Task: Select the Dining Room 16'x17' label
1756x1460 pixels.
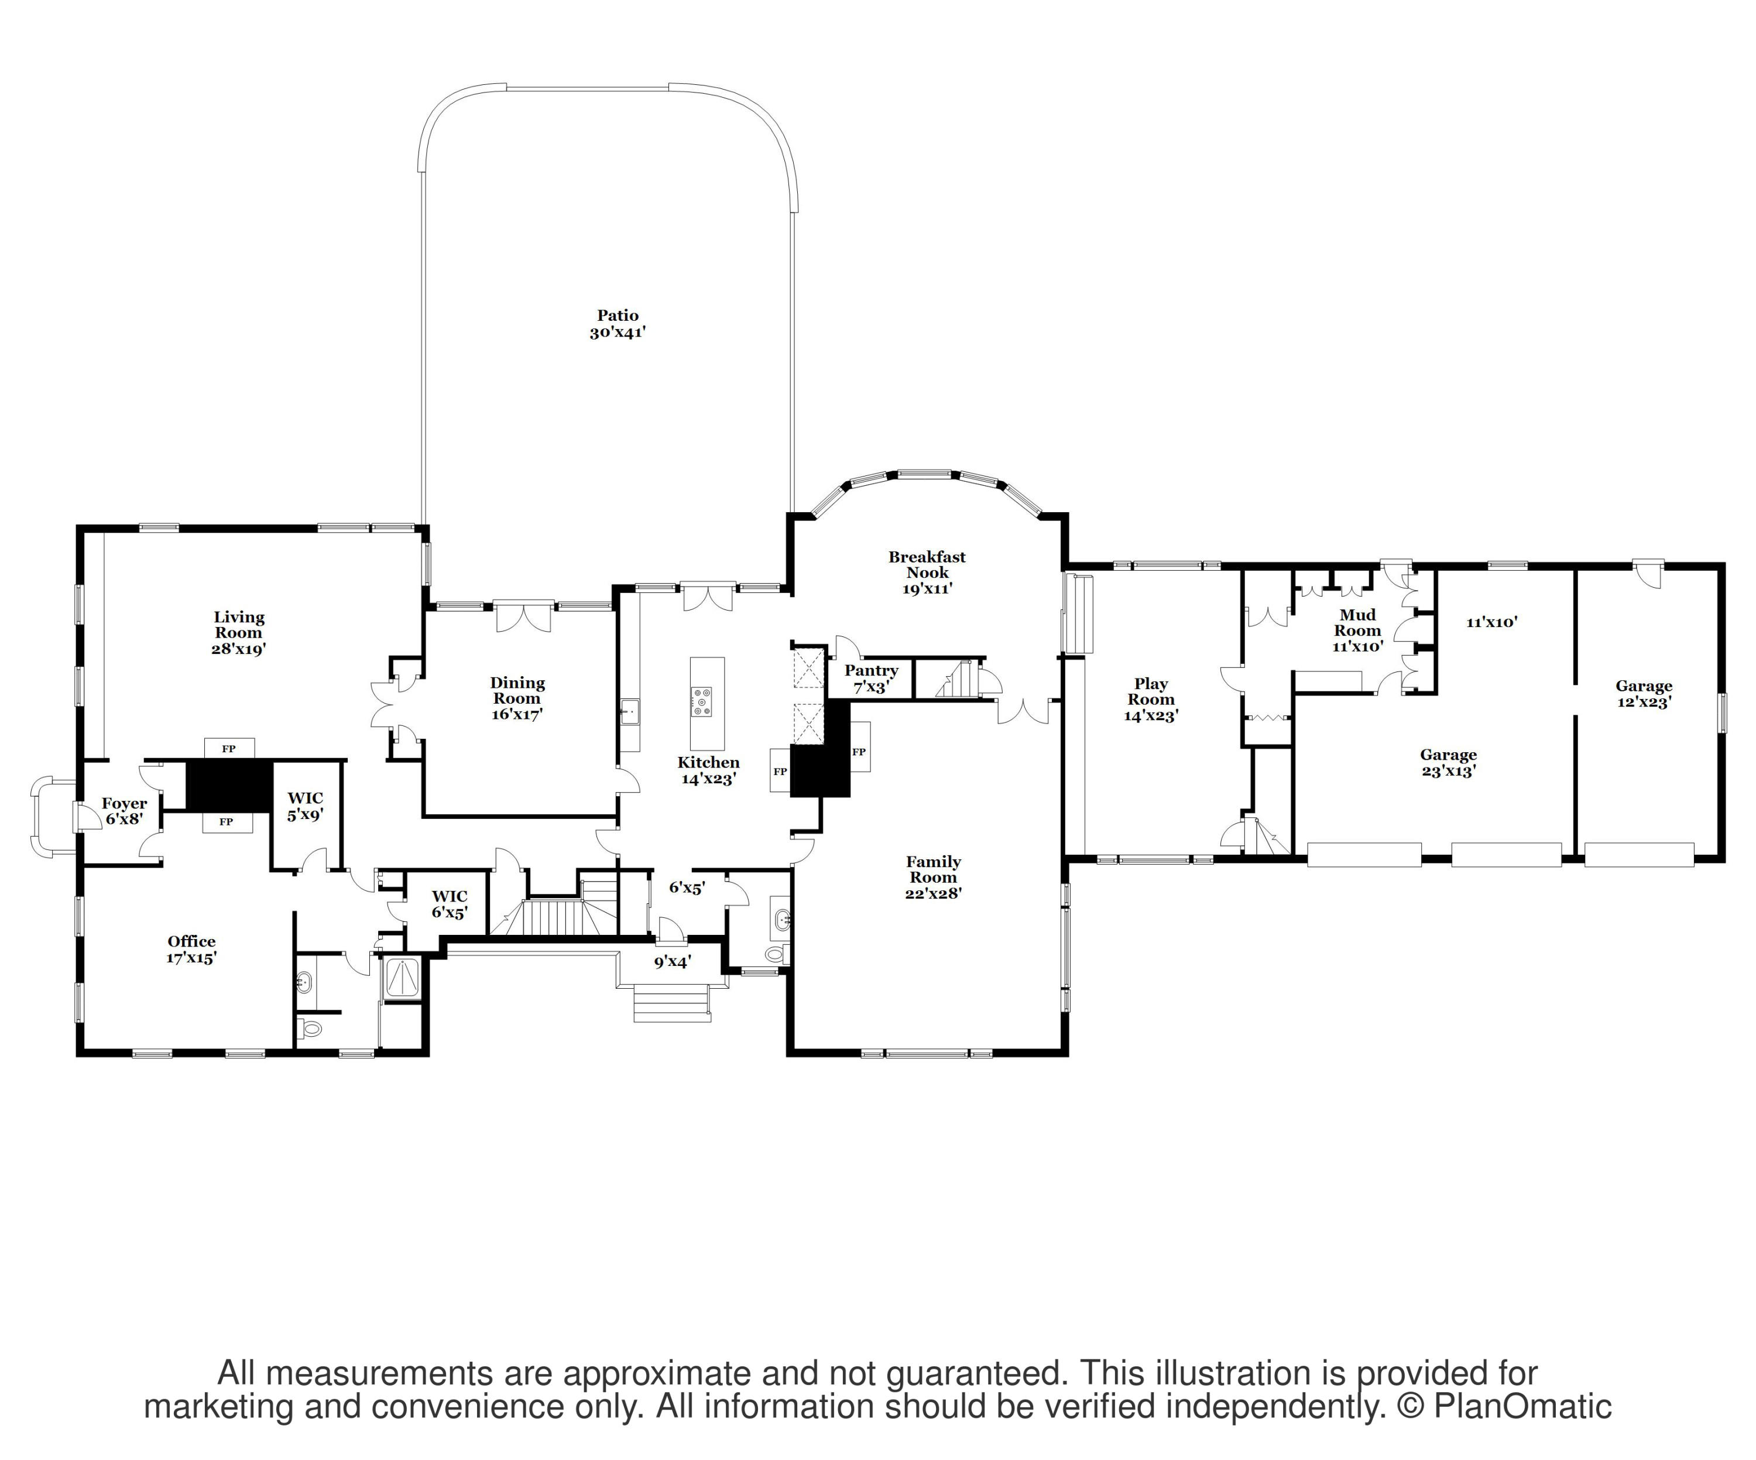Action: click(x=517, y=698)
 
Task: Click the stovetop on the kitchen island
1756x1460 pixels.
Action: click(x=702, y=701)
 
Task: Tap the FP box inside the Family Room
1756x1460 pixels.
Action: click(x=859, y=752)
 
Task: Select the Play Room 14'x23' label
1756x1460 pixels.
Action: click(x=1151, y=699)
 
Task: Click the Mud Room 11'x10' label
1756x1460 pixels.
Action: click(x=1357, y=630)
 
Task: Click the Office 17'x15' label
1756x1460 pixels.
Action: click(x=191, y=949)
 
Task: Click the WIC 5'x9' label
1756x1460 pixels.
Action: click(x=305, y=806)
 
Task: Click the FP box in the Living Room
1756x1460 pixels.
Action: click(x=228, y=748)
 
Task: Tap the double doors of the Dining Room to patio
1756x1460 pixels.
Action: click(x=523, y=617)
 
